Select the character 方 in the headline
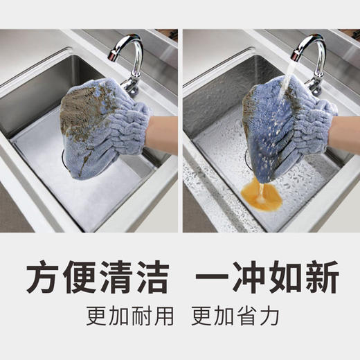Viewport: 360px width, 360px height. (44, 279)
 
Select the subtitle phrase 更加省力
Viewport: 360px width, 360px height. (235, 316)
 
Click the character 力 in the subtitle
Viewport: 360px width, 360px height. (271, 316)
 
